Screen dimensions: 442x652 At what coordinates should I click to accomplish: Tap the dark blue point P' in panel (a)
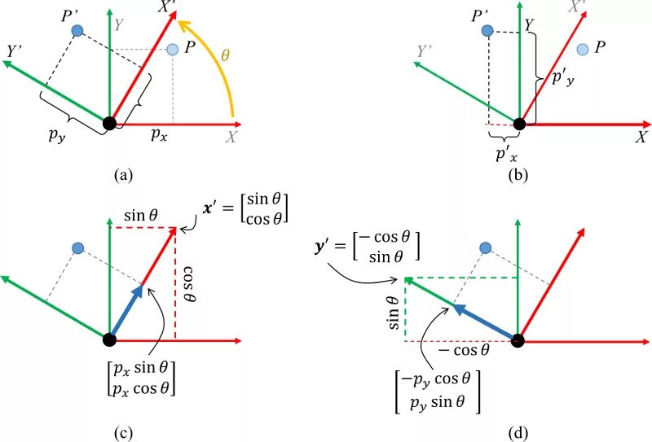[77, 31]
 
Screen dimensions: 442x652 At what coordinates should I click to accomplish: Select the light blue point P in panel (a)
[172, 50]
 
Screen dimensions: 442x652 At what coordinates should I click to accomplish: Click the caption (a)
[124, 173]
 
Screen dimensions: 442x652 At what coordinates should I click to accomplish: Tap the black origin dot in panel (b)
[519, 125]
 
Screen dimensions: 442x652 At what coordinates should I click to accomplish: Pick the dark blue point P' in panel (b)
[487, 30]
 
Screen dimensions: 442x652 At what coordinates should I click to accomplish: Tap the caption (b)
[518, 173]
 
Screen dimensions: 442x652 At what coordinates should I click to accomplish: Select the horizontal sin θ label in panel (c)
[140, 216]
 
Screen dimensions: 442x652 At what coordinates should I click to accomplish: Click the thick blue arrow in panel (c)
[126, 313]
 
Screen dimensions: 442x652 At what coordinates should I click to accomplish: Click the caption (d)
[518, 432]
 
